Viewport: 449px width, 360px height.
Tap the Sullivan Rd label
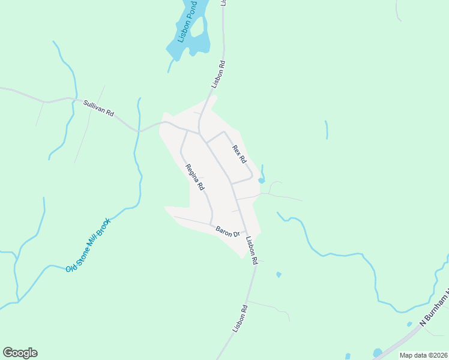(x=98, y=107)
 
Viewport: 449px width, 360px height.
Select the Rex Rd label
(x=240, y=154)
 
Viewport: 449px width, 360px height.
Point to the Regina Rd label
(x=195, y=178)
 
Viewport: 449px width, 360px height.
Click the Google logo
(x=20, y=353)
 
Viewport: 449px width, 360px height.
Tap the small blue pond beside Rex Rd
(x=261, y=180)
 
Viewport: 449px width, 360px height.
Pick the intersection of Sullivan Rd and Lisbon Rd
(x=200, y=133)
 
